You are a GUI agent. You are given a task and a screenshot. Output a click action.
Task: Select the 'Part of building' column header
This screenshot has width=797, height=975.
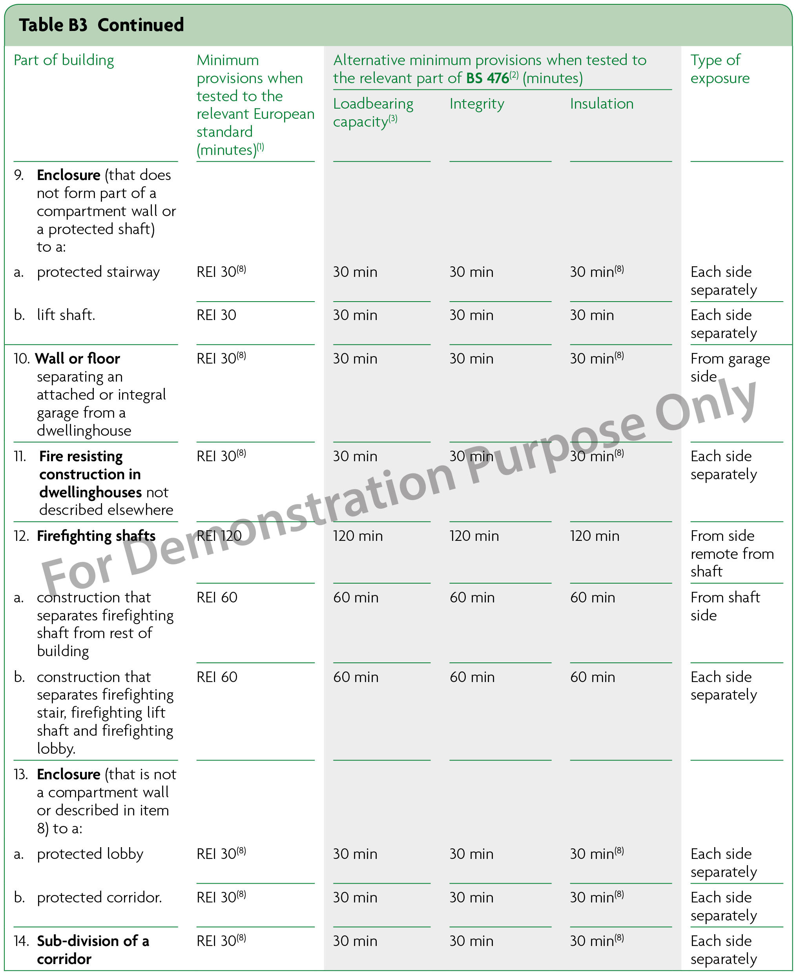(64, 60)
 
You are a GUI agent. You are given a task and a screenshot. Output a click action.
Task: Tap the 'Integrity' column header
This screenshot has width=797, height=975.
(476, 104)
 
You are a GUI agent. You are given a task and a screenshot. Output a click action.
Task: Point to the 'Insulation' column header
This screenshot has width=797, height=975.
(602, 104)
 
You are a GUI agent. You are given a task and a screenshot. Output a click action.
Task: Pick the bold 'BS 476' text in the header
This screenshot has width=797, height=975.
(487, 78)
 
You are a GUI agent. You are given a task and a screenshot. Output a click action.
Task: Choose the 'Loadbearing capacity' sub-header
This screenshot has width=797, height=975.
(373, 113)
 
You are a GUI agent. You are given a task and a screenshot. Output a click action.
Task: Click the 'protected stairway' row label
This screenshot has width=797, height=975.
(98, 272)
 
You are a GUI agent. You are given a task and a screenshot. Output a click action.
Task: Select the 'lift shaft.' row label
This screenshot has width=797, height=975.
(66, 315)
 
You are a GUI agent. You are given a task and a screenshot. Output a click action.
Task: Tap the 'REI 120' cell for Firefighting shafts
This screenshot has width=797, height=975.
(219, 536)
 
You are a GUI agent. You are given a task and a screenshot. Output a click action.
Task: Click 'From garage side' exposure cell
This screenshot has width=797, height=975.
(730, 367)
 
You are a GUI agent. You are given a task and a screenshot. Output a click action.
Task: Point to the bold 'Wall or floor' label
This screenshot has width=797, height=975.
(78, 358)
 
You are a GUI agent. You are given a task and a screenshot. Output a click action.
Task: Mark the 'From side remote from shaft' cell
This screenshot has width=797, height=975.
(732, 554)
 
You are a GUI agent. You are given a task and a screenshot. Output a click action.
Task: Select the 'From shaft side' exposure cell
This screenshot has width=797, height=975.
(725, 606)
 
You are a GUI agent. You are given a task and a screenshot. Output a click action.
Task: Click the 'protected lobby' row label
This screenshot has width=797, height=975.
(90, 854)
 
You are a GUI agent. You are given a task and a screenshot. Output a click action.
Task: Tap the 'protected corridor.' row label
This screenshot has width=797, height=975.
(99, 897)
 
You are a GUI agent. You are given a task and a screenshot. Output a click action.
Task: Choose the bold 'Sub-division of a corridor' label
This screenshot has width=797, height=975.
(93, 950)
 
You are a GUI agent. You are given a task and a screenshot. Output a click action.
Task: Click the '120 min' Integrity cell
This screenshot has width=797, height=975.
(474, 536)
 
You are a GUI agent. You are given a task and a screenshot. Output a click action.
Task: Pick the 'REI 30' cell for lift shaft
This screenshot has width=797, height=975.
(216, 315)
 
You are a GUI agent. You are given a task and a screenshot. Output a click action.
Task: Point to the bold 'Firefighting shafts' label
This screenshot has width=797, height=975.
(96, 536)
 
